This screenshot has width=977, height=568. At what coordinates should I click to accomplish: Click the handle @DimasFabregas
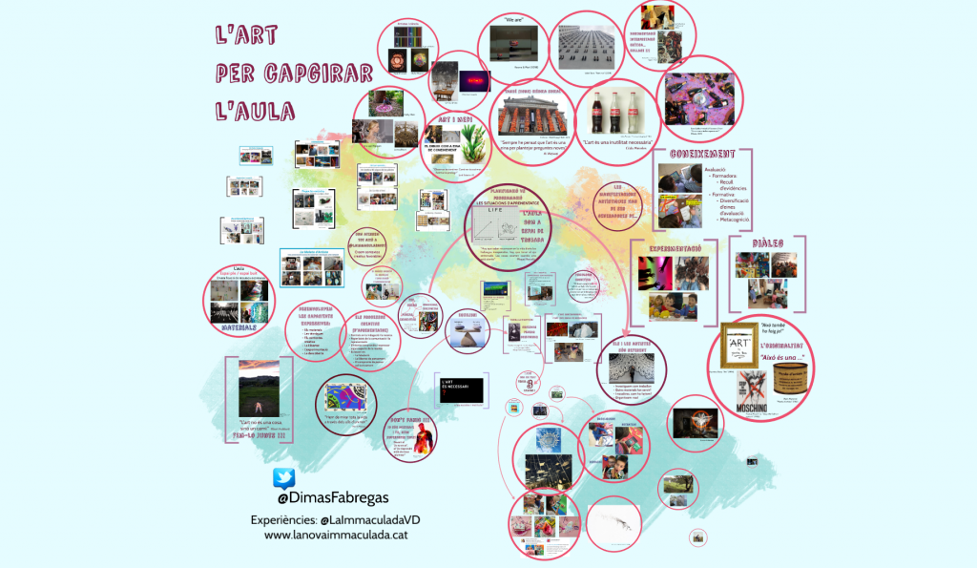point(333,498)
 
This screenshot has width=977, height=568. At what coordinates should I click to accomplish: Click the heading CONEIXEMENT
point(701,154)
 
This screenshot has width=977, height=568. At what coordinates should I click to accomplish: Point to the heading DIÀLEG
point(768,243)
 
